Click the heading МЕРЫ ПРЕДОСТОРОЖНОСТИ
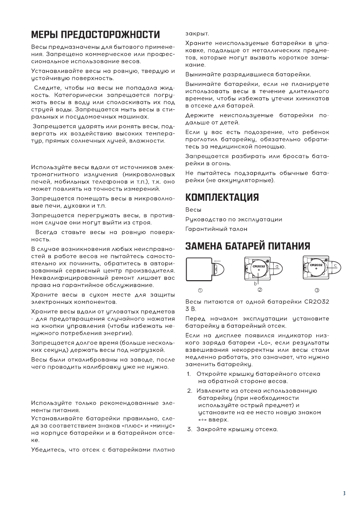coord(95,34)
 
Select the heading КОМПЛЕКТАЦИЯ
coord(222,197)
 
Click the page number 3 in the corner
coord(344,493)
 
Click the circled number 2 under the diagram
coord(260,290)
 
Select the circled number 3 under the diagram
coord(317,290)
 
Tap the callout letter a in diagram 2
coord(277,266)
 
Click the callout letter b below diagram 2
coord(256,284)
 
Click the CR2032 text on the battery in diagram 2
coord(259,266)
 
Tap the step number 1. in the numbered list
coord(189,374)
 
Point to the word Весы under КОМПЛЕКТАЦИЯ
coord(193,210)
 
